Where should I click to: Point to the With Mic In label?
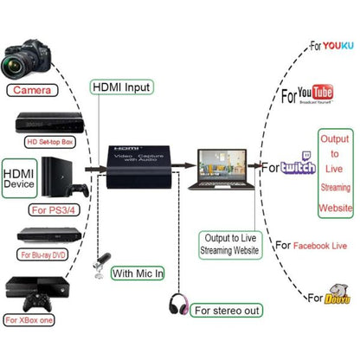click(x=137, y=273)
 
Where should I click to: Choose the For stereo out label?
click(x=228, y=309)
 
